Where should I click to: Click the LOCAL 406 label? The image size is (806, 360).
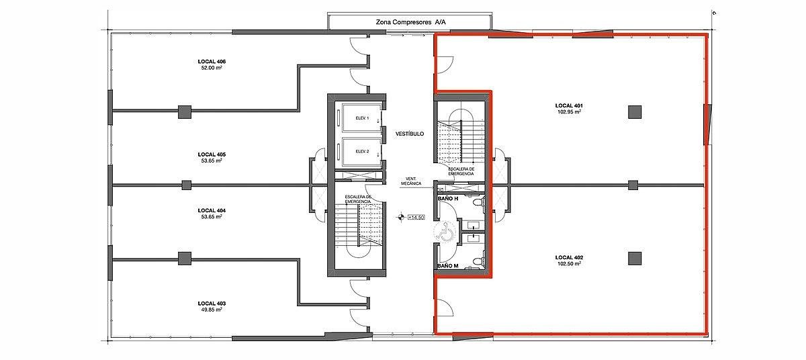point(212,62)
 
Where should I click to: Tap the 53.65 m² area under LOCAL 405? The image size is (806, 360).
point(212,161)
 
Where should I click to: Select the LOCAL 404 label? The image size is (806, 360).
point(212,210)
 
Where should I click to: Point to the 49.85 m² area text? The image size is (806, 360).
point(212,310)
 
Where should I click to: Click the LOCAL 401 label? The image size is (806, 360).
point(569,105)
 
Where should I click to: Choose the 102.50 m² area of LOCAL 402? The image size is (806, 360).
point(569,263)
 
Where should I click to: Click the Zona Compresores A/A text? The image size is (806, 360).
point(410,22)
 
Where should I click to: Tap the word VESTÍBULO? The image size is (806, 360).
point(410,134)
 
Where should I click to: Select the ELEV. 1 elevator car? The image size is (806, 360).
point(361,118)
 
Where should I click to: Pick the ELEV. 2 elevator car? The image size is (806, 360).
point(361,152)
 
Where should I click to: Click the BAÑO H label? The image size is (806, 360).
point(447,199)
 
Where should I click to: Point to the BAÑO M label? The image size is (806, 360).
point(447,266)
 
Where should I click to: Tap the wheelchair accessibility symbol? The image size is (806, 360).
point(445,232)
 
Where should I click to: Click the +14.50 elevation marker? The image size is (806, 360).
point(416,217)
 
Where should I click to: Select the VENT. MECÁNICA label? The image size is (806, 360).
point(411,181)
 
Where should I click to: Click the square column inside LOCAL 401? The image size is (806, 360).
point(635,112)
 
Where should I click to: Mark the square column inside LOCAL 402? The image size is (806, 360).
point(635,258)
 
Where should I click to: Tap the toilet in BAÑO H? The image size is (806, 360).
point(478,202)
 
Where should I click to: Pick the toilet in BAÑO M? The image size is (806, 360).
point(478,261)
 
